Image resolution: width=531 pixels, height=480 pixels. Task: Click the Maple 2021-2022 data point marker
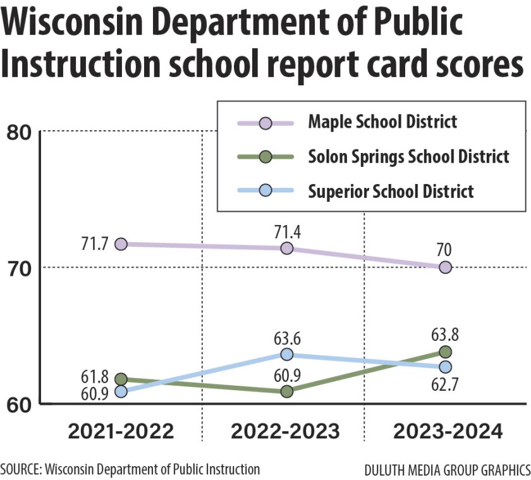tap(121, 243)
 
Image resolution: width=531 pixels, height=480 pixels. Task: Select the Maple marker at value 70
tap(445, 267)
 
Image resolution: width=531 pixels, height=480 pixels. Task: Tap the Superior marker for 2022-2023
tap(286, 354)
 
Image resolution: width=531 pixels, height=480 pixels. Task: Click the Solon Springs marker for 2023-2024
tap(445, 352)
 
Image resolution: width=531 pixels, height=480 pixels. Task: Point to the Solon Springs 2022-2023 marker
tap(286, 391)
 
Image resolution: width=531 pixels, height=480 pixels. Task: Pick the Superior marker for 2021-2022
tap(121, 391)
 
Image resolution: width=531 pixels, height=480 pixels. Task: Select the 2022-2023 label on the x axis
tap(285, 432)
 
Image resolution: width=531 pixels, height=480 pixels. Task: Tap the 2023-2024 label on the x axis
tap(448, 432)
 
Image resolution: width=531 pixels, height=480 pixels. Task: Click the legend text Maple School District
tap(382, 121)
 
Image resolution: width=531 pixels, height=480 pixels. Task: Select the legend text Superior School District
tap(391, 191)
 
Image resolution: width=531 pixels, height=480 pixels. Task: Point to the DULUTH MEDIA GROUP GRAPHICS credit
tap(447, 471)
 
